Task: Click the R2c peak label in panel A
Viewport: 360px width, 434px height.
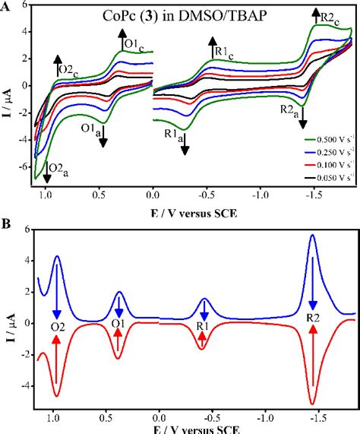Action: tap(330, 17)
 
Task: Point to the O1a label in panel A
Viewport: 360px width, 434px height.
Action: tap(92, 127)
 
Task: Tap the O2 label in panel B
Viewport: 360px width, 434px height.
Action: tap(56, 327)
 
